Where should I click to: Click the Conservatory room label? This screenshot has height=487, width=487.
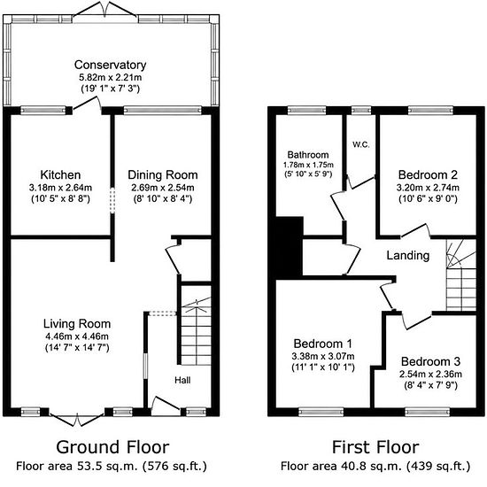(x=111, y=65)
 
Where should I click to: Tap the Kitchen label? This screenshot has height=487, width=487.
(x=60, y=174)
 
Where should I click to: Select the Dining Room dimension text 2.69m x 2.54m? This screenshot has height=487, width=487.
(x=163, y=188)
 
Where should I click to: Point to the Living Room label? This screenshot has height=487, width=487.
(x=77, y=324)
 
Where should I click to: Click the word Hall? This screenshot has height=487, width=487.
(x=182, y=380)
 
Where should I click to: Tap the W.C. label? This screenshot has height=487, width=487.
(x=361, y=144)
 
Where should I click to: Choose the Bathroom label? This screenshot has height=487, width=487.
(x=308, y=155)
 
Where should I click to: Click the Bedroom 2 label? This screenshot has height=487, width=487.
(x=428, y=174)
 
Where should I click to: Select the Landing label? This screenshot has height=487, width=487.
(x=408, y=255)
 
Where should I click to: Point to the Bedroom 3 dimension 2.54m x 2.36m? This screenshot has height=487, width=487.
(x=430, y=374)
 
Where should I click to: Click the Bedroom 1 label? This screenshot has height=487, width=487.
(x=323, y=344)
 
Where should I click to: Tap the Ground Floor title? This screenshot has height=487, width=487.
(x=112, y=447)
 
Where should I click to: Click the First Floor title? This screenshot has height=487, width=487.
(x=375, y=447)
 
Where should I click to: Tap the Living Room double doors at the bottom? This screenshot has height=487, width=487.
(x=76, y=420)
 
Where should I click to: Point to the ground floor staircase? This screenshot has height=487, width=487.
(x=196, y=331)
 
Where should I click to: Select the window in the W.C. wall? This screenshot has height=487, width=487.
(x=361, y=111)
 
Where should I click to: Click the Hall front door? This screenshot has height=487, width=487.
(x=166, y=405)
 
